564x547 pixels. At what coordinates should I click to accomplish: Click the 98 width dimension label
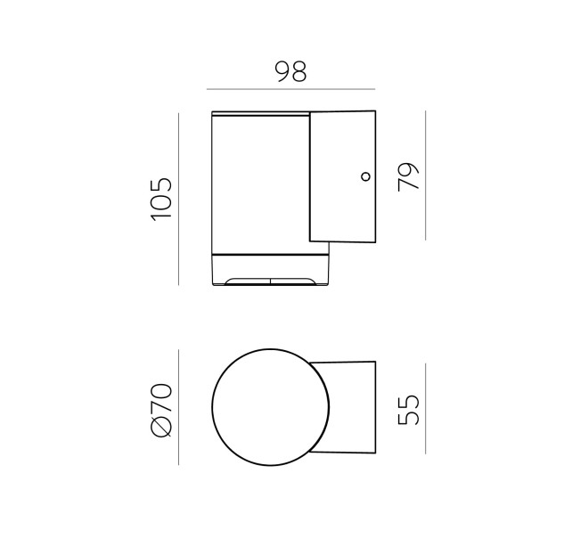tap(290, 71)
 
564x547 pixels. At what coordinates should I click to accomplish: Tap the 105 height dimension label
tap(162, 199)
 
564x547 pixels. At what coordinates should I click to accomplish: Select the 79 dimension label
tap(409, 176)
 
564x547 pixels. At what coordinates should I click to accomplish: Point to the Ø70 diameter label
tap(162, 411)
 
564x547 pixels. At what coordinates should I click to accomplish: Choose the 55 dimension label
tap(409, 411)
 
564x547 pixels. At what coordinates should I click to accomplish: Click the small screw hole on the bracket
tap(366, 176)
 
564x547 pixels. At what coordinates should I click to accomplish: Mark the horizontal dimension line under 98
tap(291, 89)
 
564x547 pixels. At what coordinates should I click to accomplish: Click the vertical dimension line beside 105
tap(179, 199)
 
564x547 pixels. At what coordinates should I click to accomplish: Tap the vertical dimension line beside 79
tap(426, 176)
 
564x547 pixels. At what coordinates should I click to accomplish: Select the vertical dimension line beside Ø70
tap(179, 407)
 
